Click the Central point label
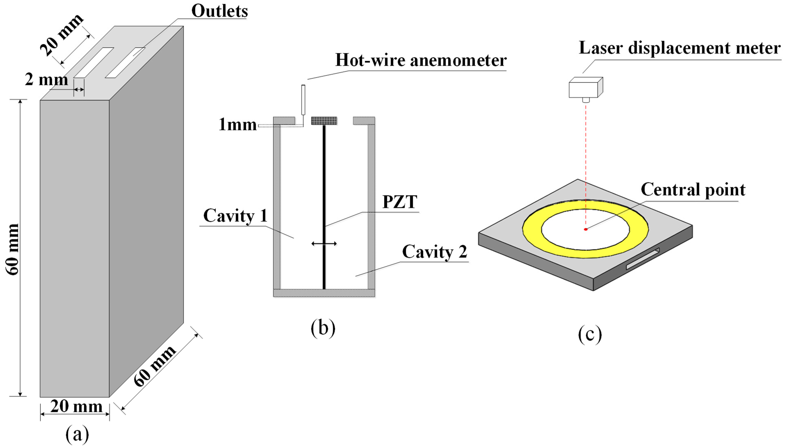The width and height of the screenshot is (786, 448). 693,189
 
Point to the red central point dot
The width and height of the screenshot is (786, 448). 586,229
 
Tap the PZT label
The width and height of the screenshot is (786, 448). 400,202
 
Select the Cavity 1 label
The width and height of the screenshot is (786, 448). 235,215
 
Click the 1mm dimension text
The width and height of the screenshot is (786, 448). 237,125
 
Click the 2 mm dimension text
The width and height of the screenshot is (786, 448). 46,79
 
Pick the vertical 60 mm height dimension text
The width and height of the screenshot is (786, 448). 13,249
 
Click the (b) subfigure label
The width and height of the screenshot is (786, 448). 323,328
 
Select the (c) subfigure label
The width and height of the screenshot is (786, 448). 590,335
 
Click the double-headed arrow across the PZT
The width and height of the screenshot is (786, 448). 324,244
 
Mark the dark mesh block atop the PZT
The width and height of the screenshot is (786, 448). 324,121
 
